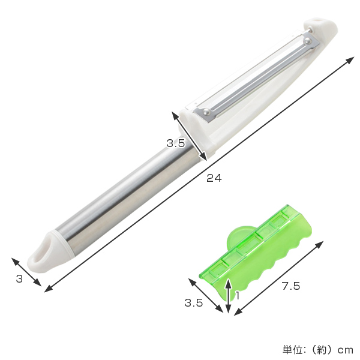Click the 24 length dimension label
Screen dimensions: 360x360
point(214,178)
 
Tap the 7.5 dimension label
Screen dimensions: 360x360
point(291,286)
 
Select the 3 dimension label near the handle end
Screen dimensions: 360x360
point(20,279)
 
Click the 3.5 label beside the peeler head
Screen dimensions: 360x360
point(176,143)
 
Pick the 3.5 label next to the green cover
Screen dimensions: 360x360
point(194,303)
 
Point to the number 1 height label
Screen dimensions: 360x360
point(238,295)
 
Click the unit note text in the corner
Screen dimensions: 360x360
point(318,350)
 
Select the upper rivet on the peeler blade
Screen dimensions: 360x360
point(307,41)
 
